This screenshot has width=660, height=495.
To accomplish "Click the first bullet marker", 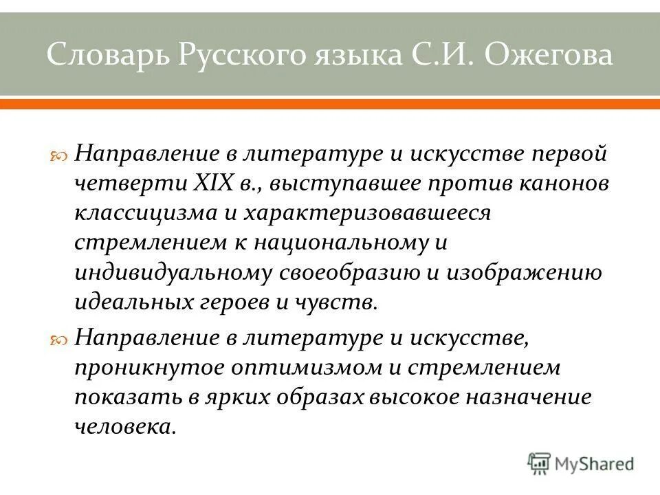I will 60,155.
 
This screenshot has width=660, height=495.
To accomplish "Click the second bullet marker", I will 60,340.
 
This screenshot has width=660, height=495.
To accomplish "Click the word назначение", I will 532,397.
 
